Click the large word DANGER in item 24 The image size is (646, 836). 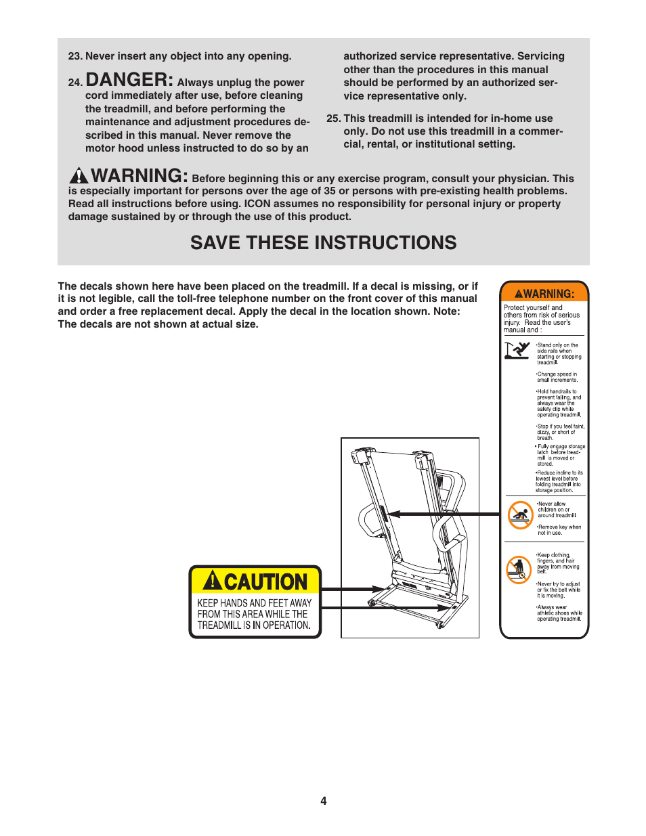click(129, 80)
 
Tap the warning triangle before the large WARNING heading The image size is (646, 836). click(79, 175)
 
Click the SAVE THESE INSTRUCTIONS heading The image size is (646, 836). click(323, 243)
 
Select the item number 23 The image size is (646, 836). click(74, 56)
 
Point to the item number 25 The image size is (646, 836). click(332, 118)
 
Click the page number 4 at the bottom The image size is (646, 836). click(323, 801)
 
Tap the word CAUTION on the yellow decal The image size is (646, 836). click(265, 582)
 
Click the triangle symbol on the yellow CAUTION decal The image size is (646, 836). click(213, 581)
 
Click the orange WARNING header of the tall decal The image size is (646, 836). click(544, 293)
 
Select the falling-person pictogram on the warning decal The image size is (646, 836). click(517, 350)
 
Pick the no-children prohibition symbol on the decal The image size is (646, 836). click(520, 515)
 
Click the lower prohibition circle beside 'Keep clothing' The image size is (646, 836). click(519, 569)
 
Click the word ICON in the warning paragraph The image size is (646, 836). click(257, 204)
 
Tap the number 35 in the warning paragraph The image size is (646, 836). click(329, 191)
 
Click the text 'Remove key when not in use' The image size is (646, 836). click(559, 530)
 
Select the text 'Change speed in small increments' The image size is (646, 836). click(557, 377)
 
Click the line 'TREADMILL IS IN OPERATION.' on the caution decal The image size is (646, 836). click(254, 625)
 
